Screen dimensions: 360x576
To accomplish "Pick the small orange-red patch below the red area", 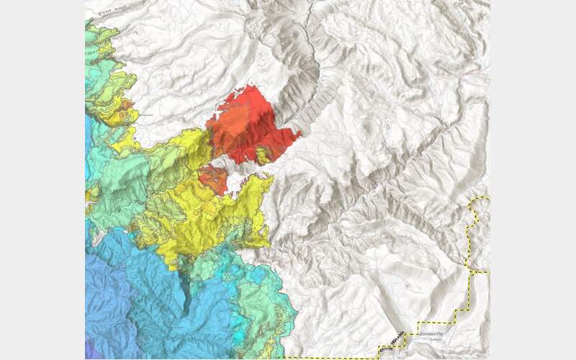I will (212, 177).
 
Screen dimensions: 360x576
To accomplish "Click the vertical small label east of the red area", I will (387, 127).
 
